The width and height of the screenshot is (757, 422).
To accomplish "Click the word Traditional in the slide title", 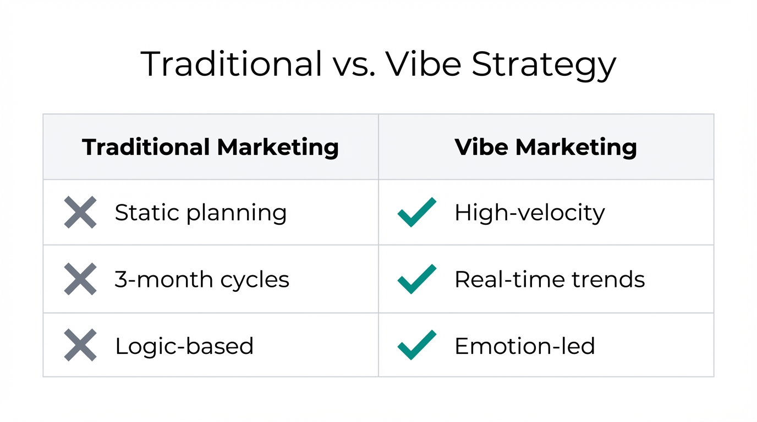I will click(x=232, y=64).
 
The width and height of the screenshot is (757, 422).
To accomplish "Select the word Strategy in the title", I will click(x=544, y=65).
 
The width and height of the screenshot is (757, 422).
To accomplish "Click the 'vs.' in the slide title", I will click(x=355, y=64).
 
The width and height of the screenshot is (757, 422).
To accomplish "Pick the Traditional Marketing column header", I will click(x=210, y=147).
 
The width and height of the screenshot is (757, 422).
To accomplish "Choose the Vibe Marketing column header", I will click(x=546, y=147).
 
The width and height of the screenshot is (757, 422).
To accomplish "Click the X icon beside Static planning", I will click(x=80, y=212).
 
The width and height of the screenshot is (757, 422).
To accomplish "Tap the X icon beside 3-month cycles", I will click(x=80, y=279).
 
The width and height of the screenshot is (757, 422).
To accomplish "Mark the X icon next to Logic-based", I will click(x=80, y=346).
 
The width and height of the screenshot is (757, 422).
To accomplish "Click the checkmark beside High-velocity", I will click(x=416, y=212).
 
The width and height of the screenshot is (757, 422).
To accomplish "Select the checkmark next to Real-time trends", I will click(x=416, y=279).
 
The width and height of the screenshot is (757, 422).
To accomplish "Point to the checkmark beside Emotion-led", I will click(x=416, y=346).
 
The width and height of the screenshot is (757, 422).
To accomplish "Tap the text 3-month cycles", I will click(x=202, y=280).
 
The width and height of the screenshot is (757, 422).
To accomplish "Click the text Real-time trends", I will click(x=550, y=280).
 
